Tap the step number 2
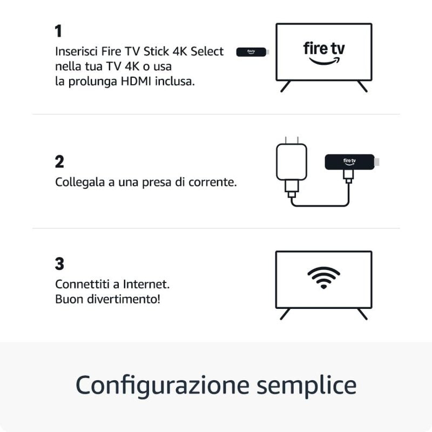tap(59, 161)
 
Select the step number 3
tap(59, 264)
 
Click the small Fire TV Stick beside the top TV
tap(252, 52)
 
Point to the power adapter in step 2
tap(291, 162)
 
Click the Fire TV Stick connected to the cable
tap(350, 161)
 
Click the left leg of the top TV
tap(286, 86)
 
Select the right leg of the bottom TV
tap(362, 314)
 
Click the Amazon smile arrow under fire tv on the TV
tap(324, 61)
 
